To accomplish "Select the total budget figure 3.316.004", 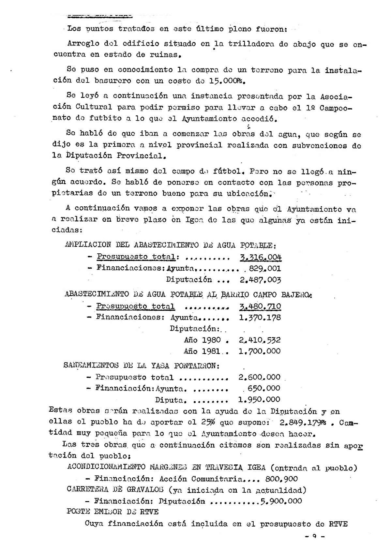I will click(260, 257).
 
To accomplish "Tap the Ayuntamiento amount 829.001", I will click(264, 269).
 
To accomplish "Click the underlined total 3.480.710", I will click(260, 307).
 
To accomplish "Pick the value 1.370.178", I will click(260, 318).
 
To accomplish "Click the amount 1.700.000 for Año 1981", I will click(260, 351).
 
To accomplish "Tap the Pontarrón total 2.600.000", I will click(260, 377).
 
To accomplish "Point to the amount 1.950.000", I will click(260, 399).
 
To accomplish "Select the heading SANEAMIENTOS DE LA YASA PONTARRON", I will click(141, 365).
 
